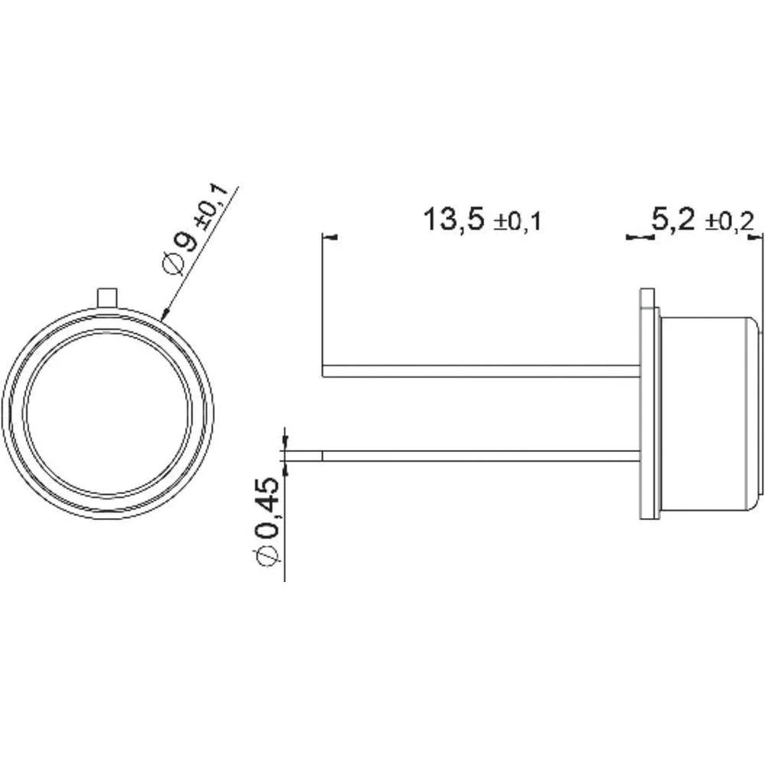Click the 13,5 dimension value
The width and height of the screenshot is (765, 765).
454,220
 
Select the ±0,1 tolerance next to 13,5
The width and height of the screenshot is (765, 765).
518,223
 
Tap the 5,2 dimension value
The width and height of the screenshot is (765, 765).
672,220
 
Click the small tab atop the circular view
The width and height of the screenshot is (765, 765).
108,296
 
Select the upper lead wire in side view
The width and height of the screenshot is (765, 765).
482,371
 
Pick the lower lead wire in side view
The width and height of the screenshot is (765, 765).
482,456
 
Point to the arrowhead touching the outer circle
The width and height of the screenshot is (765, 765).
163,313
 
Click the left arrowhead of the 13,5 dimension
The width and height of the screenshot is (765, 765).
330,239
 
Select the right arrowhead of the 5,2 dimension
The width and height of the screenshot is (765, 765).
759,239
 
